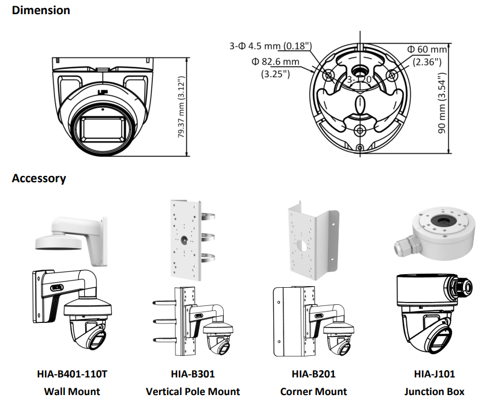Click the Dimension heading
coord(41,10)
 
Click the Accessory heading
coord(39,178)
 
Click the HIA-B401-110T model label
coord(72,374)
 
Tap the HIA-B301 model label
coord(193,374)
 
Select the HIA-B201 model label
coord(313,374)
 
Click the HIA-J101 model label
coord(434,374)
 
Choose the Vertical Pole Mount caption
coord(193,391)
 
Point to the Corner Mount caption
coord(313,391)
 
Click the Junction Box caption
coord(434,391)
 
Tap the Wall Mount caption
coord(72,391)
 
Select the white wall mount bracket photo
coord(71,233)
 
